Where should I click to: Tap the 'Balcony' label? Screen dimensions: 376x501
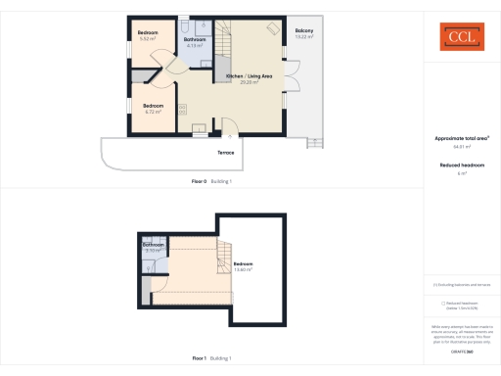pos(304,32)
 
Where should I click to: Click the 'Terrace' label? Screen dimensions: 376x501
pos(224,153)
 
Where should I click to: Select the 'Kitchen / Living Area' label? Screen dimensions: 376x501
pos(249,76)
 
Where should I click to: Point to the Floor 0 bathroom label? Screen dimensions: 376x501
pos(195,40)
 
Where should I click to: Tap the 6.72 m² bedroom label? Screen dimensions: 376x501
pos(153,107)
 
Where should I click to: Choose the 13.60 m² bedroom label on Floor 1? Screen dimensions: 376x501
pos(243,265)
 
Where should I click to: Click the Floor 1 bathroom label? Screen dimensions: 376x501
pos(153,246)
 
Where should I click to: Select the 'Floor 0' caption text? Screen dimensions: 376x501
pos(200,182)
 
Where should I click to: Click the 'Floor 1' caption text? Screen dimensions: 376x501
pos(200,358)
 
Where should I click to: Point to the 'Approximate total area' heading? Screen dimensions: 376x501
pos(459,138)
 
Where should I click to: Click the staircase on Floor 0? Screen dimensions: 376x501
pos(224,41)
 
